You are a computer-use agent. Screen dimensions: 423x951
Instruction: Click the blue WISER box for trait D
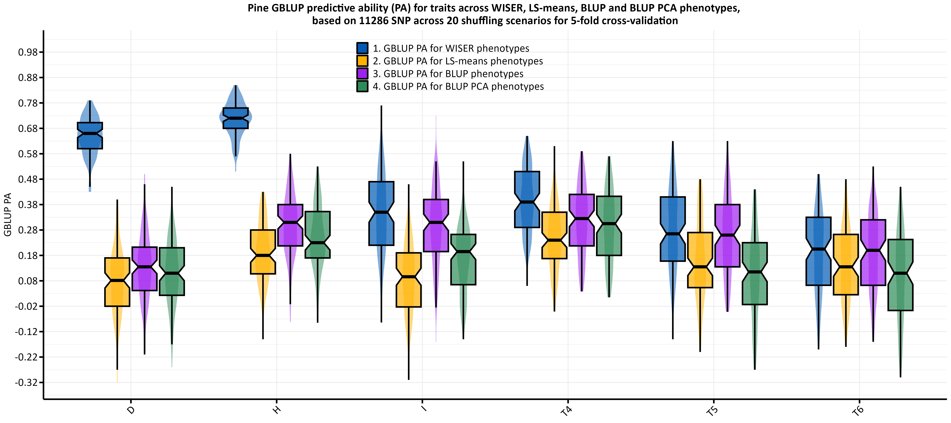[x=90, y=136]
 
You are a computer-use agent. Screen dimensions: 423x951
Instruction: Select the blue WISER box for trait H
[x=235, y=118]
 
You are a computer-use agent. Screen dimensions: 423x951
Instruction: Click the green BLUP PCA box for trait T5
[x=755, y=273]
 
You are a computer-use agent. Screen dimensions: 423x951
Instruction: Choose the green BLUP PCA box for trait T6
[x=900, y=275]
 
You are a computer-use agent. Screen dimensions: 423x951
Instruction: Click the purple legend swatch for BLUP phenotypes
[x=362, y=73]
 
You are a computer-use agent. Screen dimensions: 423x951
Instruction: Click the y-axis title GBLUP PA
[x=7, y=214]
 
